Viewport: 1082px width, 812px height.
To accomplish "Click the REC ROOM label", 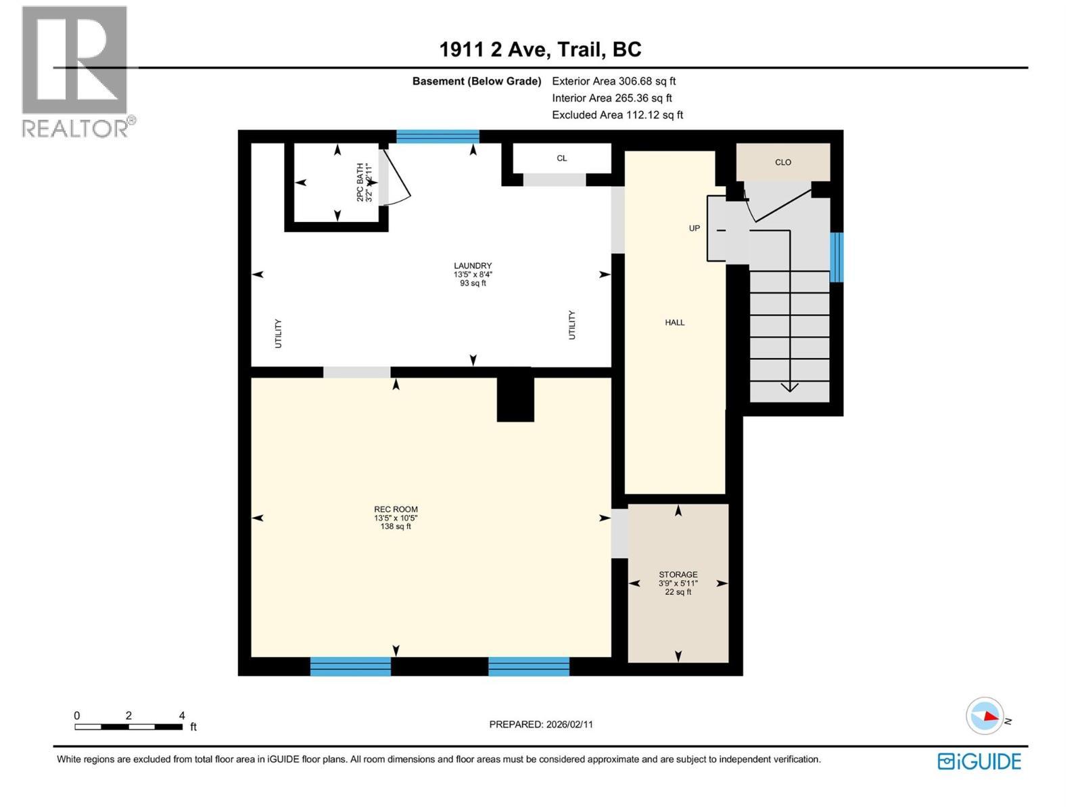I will (x=396, y=510).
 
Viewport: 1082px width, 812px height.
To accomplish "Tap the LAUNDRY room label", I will (x=473, y=266).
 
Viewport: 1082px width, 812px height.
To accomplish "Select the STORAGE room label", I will (x=678, y=574).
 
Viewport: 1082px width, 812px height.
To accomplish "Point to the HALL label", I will (x=674, y=323).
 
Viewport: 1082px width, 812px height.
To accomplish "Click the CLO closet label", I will (x=782, y=162).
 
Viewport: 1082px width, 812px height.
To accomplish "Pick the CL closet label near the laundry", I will (x=561, y=158).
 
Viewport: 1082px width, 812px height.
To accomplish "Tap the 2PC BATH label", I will (x=360, y=182).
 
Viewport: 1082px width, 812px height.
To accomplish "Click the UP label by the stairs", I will (x=694, y=228).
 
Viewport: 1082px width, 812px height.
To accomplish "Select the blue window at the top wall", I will (x=438, y=137).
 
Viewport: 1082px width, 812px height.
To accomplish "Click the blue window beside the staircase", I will (x=836, y=257).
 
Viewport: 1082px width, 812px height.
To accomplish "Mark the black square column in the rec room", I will (x=515, y=399).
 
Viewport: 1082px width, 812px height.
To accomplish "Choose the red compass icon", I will (x=985, y=715).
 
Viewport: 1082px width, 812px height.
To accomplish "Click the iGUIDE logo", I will (x=979, y=761).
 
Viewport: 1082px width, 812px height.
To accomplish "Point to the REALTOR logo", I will (x=76, y=71).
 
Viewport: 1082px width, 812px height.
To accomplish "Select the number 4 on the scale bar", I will (x=182, y=716).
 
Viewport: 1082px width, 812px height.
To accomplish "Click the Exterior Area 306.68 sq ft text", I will (x=613, y=81).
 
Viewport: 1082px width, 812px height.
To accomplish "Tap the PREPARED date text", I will (x=540, y=724).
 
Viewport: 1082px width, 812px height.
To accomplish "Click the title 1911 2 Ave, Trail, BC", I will (x=540, y=49).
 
